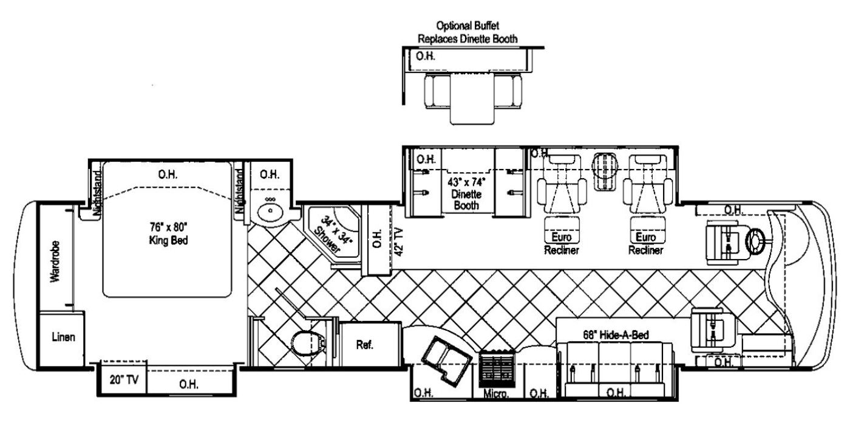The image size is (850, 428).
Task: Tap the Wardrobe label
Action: tap(55, 261)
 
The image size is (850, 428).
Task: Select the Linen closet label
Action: tap(63, 337)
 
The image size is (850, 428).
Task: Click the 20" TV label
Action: tap(124, 379)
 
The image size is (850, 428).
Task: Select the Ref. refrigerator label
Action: tap(365, 345)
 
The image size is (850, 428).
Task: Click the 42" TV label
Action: tap(399, 242)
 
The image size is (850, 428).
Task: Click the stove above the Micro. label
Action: tap(497, 368)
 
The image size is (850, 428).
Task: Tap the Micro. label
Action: tap(496, 394)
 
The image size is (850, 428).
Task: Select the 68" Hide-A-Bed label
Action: tap(616, 335)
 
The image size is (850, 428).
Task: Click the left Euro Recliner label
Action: tap(562, 244)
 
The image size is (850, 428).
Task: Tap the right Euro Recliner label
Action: tap(646, 244)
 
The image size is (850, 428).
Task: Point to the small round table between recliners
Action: tap(605, 171)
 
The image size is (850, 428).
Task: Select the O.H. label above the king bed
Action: tap(168, 174)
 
